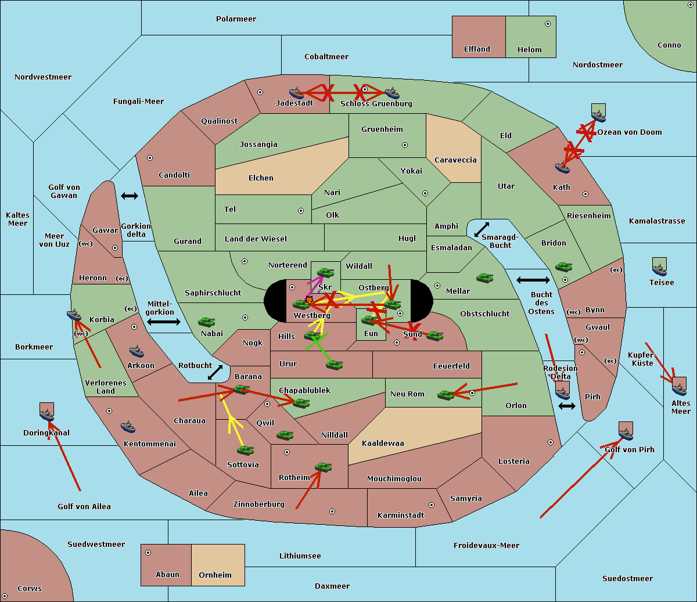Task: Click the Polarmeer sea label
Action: pos(236,19)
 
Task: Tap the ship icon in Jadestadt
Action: pos(296,93)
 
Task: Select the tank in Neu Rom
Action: pos(446,395)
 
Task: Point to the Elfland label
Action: pos(477,49)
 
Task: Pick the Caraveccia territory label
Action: pos(455,160)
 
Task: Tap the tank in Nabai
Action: pos(206,322)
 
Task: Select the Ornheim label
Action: pos(215,575)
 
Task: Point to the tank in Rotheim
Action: pos(323,467)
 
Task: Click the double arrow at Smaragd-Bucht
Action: pos(482,230)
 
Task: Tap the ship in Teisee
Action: pos(659,268)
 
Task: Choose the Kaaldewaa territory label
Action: pos(383,444)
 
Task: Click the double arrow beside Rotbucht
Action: pos(215,372)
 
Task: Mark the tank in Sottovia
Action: pos(245,450)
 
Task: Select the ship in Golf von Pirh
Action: pos(626,432)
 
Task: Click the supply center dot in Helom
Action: pos(547,24)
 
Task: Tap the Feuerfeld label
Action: pos(451,366)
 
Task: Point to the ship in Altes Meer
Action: pos(679,388)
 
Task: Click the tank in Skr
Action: pos(325,272)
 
